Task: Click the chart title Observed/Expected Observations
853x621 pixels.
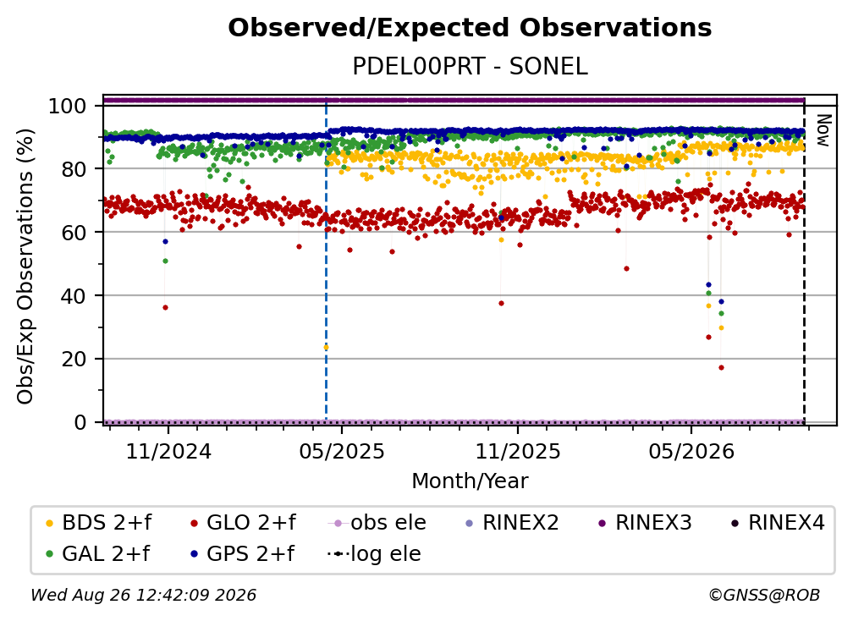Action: click(470, 28)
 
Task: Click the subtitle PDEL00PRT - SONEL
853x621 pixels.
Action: click(470, 67)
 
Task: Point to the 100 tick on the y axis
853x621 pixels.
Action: click(68, 106)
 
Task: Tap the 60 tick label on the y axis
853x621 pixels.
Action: click(74, 233)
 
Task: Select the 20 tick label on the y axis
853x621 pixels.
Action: click(74, 360)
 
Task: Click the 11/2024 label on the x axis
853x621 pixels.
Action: click(168, 452)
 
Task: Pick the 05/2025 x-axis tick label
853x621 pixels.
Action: click(342, 452)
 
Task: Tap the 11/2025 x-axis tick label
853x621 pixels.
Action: click(517, 452)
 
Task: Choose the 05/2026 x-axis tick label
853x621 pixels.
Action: click(691, 452)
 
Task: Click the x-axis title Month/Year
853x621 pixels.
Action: click(470, 481)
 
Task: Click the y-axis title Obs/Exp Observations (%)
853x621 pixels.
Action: click(25, 267)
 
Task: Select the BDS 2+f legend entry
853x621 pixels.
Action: click(99, 523)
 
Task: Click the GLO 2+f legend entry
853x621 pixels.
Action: click(243, 523)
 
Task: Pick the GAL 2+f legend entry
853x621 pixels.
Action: click(98, 554)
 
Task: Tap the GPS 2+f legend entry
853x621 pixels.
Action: click(242, 554)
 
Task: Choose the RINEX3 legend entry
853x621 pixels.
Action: click(645, 523)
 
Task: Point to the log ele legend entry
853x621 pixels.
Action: click(374, 554)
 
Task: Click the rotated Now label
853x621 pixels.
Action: click(823, 130)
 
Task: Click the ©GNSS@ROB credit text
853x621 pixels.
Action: click(764, 596)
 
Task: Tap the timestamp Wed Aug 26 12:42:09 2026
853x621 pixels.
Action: click(143, 596)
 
